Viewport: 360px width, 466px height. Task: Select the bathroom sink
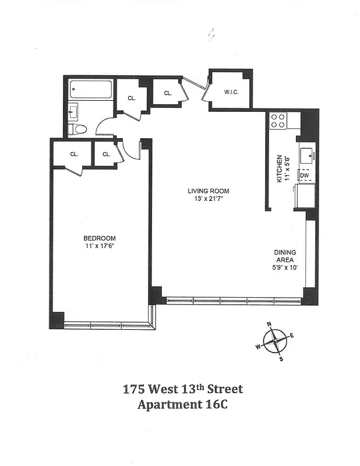(x=73, y=111)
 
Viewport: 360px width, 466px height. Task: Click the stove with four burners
(x=278, y=121)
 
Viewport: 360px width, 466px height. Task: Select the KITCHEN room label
(x=280, y=169)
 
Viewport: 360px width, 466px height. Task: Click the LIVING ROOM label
(x=208, y=191)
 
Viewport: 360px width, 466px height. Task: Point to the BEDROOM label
(x=100, y=238)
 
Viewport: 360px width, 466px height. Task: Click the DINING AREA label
(x=285, y=256)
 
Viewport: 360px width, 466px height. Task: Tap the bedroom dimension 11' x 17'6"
(x=100, y=246)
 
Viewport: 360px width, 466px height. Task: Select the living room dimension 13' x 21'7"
(x=208, y=199)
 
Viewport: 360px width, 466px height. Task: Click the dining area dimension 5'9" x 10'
(x=285, y=268)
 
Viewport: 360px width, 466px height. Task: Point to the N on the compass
(x=269, y=324)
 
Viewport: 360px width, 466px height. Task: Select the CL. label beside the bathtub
(x=132, y=98)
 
